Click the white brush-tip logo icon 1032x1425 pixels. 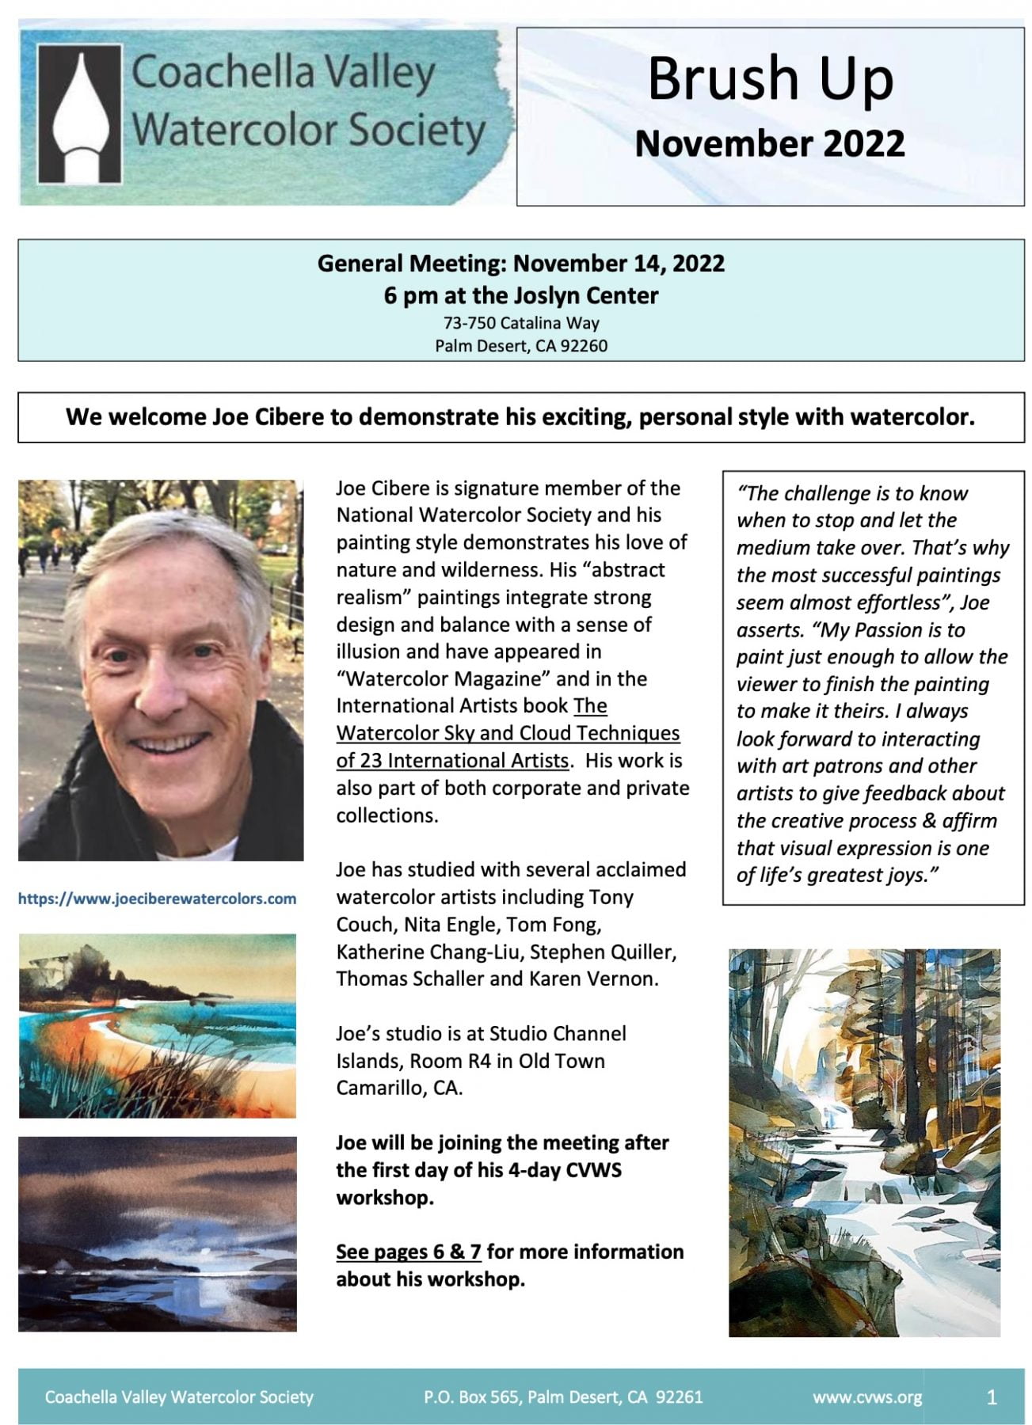[x=80, y=113]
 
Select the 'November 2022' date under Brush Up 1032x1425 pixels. [x=769, y=143]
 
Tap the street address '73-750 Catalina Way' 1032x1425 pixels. [x=521, y=323]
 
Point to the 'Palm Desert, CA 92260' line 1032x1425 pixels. [x=521, y=346]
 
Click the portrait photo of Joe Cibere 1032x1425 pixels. [x=161, y=670]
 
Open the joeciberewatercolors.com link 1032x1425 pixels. [x=157, y=899]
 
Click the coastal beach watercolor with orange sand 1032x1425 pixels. [x=158, y=1025]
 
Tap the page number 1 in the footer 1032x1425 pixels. [x=992, y=1397]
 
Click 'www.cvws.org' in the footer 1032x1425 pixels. [x=867, y=1397]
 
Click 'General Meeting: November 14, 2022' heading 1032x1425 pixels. [x=521, y=263]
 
